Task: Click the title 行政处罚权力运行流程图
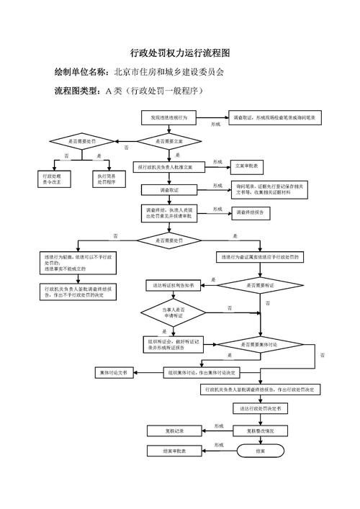tap(180, 53)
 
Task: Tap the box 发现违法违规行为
tap(169, 117)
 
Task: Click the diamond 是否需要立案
tap(169, 141)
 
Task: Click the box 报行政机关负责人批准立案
tap(169, 166)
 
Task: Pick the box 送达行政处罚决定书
tap(261, 408)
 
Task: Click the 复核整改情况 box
tap(261, 431)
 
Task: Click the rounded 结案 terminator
tap(261, 451)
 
